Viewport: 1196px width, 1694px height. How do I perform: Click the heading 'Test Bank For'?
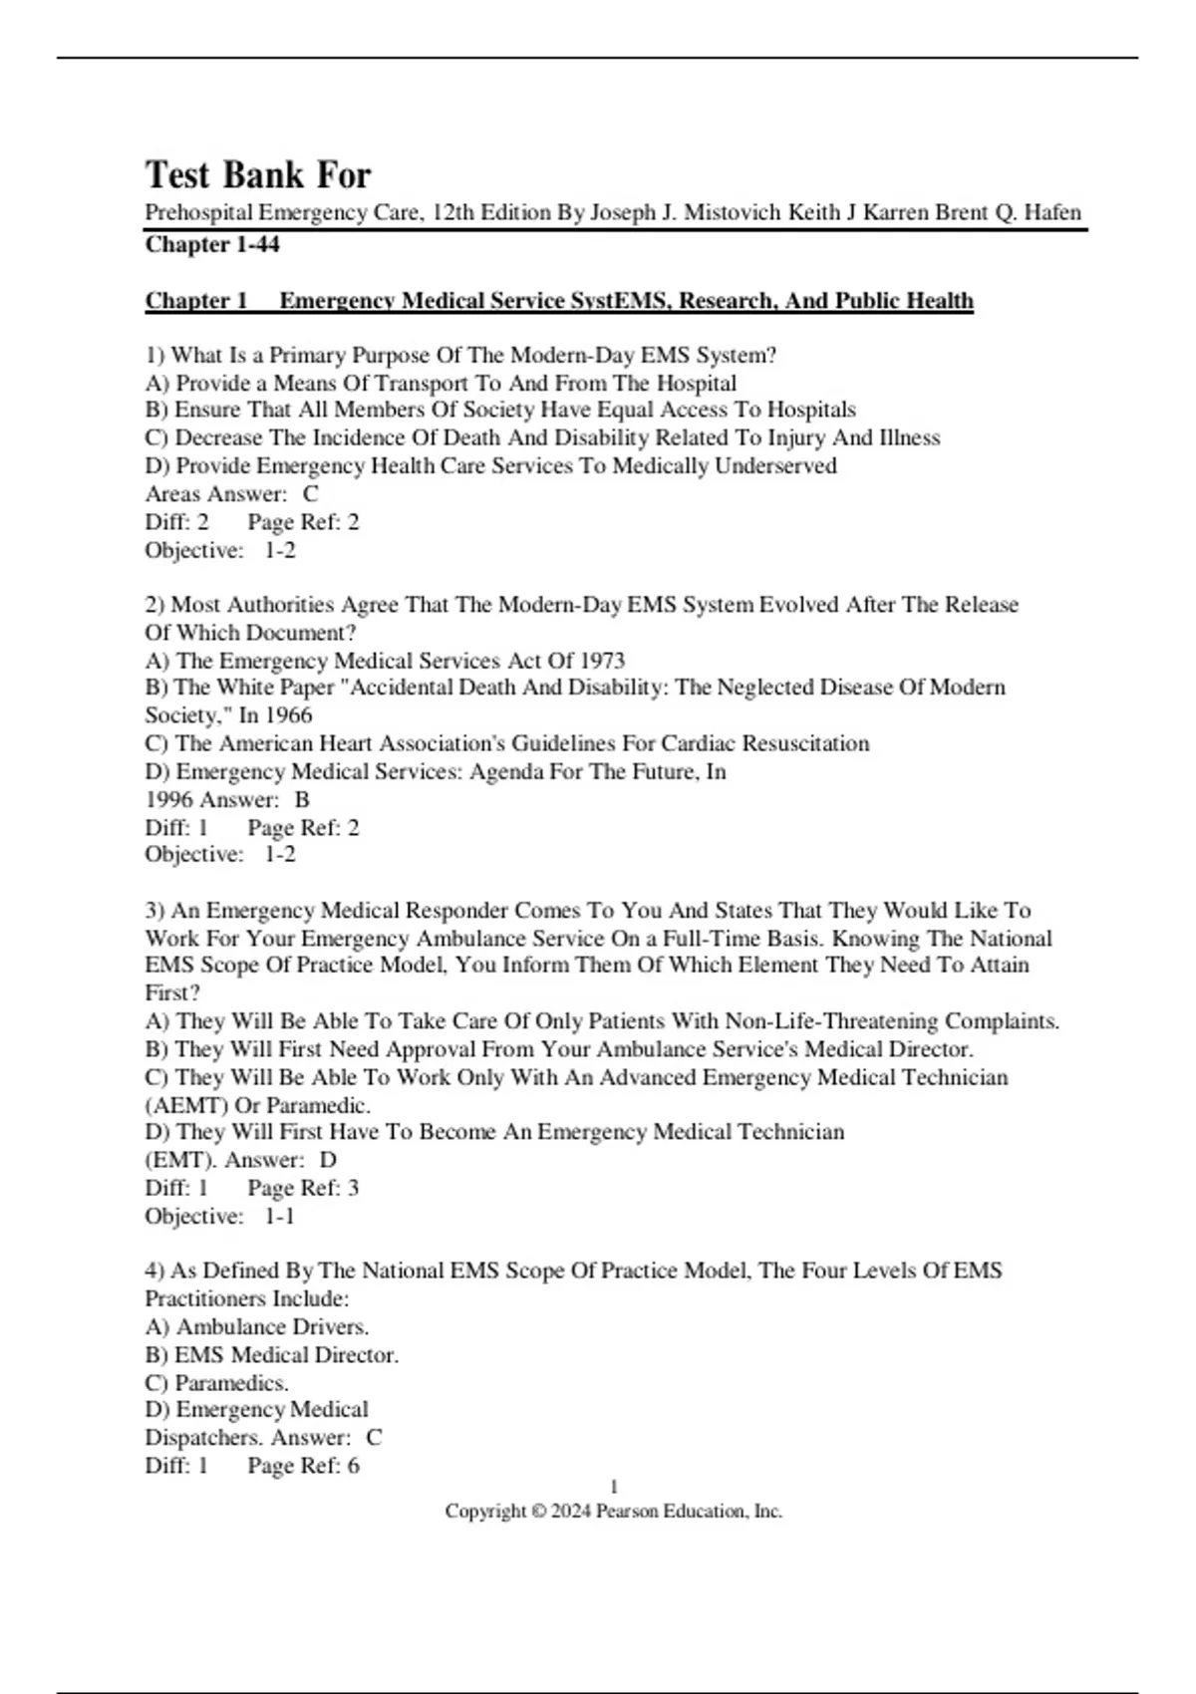pos(258,175)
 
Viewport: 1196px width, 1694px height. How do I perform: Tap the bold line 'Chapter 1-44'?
pos(212,244)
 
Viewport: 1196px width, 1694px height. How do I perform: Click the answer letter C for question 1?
pos(311,494)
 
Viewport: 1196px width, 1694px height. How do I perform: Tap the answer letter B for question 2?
pos(302,800)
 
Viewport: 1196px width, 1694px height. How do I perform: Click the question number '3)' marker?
pos(154,911)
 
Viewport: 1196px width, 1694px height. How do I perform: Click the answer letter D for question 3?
pos(328,1161)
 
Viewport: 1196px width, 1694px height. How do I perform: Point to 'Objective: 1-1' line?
pos(219,1217)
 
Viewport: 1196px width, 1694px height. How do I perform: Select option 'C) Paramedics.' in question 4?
pos(217,1383)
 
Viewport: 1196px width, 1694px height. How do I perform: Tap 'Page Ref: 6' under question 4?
pos(303,1466)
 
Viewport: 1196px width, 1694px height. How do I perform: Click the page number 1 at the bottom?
pos(614,1488)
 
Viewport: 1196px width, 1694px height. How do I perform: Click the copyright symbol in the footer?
pos(539,1512)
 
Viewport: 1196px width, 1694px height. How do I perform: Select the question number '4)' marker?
pos(154,1271)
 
